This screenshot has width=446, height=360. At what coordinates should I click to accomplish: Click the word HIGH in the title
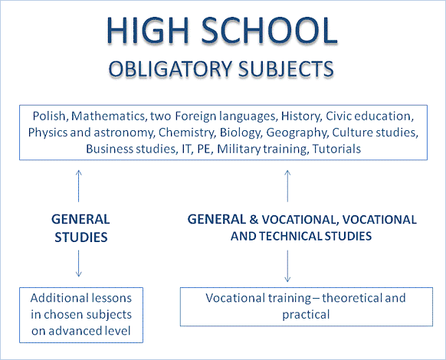148,30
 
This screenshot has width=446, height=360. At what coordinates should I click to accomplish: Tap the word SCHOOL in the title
270,30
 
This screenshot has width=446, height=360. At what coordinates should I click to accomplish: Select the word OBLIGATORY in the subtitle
170,69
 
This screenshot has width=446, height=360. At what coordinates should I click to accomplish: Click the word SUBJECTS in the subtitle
286,69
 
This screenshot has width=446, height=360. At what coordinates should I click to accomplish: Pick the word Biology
241,133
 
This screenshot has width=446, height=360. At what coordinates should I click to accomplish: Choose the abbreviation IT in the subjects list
186,149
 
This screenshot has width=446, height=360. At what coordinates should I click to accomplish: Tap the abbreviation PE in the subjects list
205,149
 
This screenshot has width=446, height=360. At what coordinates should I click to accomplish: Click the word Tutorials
336,149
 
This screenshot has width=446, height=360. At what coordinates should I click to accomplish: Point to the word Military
238,149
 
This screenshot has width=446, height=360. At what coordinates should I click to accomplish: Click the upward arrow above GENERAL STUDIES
79,186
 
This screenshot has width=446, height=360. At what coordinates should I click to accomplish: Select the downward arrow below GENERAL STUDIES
79,263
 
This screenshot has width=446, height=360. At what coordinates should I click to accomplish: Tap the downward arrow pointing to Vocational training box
287,266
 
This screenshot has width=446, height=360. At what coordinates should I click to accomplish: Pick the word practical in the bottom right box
306,315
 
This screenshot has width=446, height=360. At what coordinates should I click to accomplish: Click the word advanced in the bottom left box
72,331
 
